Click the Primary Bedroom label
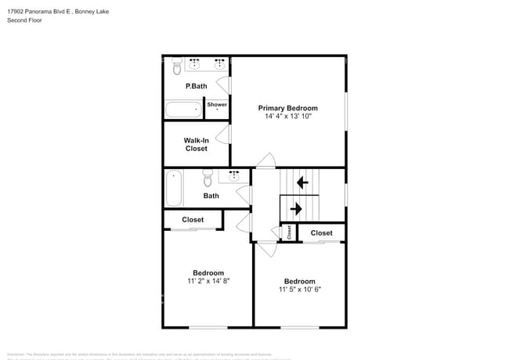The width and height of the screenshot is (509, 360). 288,108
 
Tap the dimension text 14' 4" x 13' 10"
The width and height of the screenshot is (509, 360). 288,117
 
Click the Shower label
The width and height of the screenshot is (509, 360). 217,104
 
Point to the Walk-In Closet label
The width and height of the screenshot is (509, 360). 196,144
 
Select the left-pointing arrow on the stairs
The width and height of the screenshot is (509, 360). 301,183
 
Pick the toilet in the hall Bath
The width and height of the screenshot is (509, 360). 208,175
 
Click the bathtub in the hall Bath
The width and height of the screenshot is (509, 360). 174,189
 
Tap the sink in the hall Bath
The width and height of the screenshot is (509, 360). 233,176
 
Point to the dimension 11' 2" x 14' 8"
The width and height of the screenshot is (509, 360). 208,280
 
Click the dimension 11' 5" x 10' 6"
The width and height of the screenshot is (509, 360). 299,289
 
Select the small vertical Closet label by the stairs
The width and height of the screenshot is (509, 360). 289,232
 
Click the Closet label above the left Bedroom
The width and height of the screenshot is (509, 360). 193,220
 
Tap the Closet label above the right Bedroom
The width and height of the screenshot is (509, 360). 321,233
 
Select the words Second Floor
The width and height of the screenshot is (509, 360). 25,20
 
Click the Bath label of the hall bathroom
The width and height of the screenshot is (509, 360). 211,196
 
